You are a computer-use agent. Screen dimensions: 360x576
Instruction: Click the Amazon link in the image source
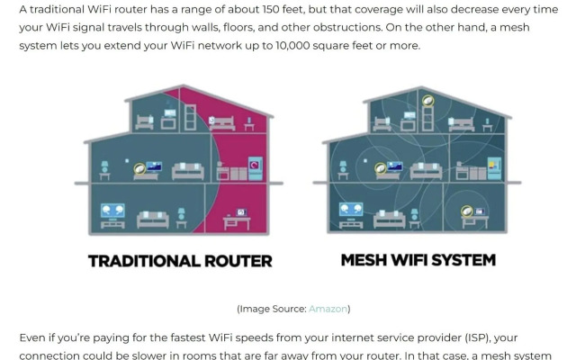[x=328, y=309]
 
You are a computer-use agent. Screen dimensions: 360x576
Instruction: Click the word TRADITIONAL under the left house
[x=144, y=261]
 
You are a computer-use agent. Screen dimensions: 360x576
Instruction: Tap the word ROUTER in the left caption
[x=238, y=261]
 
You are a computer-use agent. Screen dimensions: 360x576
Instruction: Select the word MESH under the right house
[x=364, y=260]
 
